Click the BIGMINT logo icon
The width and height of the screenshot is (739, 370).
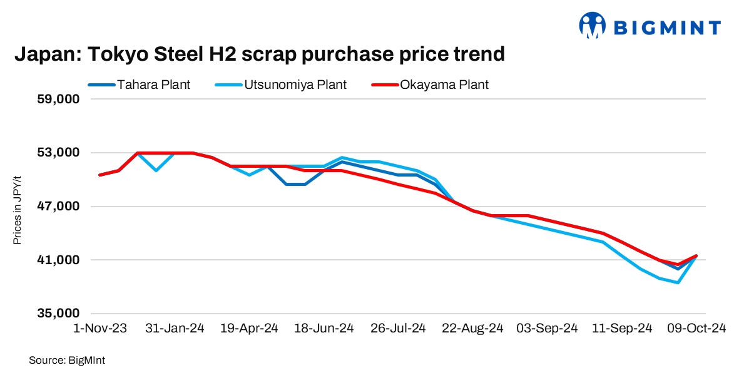(592, 26)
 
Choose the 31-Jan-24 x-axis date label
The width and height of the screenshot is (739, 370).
(176, 328)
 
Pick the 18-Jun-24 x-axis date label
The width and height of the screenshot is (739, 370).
(324, 328)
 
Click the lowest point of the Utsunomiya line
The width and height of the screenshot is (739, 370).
(678, 283)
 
